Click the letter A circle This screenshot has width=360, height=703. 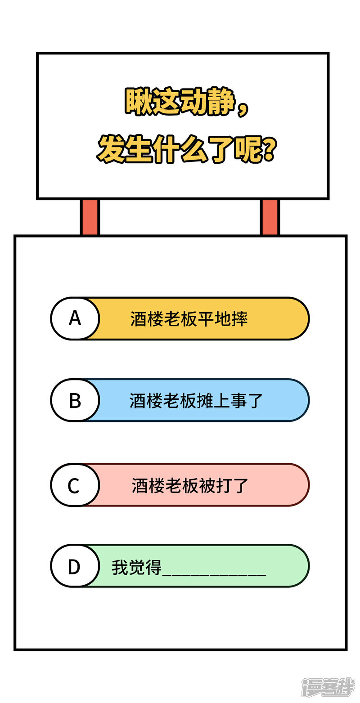pyautogui.click(x=75, y=318)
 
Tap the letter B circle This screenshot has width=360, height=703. pyautogui.click(x=75, y=400)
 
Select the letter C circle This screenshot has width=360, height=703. pyautogui.click(x=74, y=485)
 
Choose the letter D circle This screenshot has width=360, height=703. pyautogui.click(x=74, y=566)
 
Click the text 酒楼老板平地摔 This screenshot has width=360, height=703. pyautogui.click(x=189, y=319)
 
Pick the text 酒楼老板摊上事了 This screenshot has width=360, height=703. pyautogui.click(x=196, y=400)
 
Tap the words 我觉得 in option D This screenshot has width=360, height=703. pyautogui.click(x=136, y=567)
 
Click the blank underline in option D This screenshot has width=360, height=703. pyautogui.click(x=214, y=574)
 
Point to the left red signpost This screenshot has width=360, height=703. pyautogui.click(x=90, y=217)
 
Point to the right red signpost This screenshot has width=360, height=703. pyautogui.click(x=270, y=217)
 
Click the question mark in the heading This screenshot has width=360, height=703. pyautogui.click(x=269, y=150)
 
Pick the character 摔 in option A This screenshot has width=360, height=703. pyautogui.click(x=239, y=319)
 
